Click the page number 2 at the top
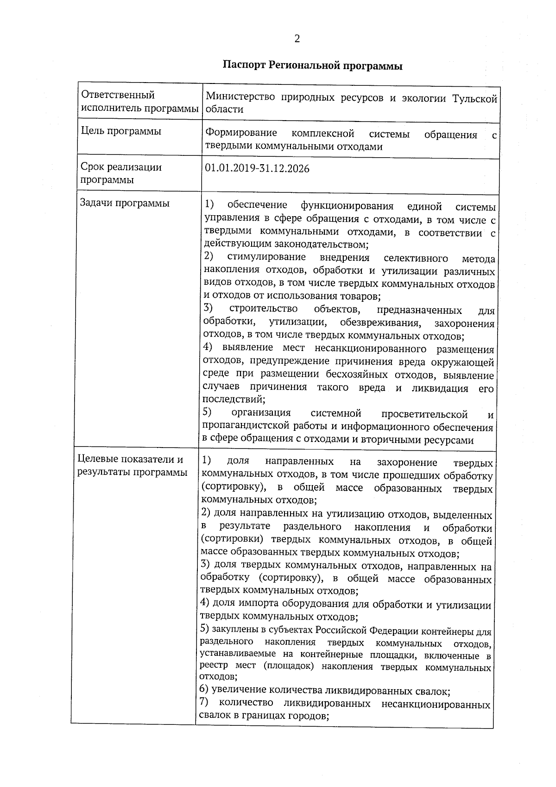click(x=297, y=39)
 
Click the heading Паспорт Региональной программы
click(x=312, y=66)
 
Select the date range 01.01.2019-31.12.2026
click(x=257, y=168)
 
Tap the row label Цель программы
click(x=121, y=131)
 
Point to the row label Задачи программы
click(x=125, y=203)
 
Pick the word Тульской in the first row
click(x=474, y=98)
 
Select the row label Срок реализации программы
click(x=121, y=173)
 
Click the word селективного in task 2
click(x=416, y=258)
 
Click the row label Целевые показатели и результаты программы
click(x=132, y=466)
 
